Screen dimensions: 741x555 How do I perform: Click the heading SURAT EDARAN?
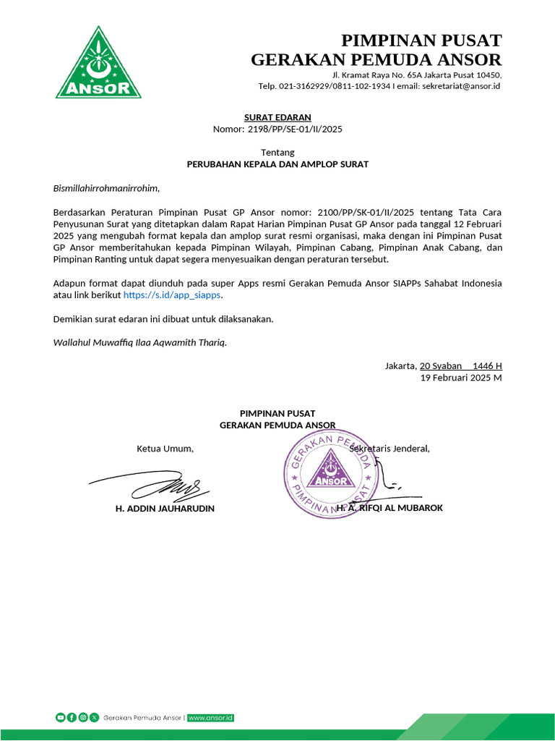pyautogui.click(x=277, y=117)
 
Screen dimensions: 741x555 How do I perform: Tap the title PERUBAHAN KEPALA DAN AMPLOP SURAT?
pyautogui.click(x=277, y=164)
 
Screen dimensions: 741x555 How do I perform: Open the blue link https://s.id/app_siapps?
pyautogui.click(x=172, y=295)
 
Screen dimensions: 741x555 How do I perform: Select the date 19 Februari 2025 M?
pyautogui.click(x=461, y=378)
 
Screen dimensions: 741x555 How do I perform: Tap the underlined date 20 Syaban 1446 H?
pyautogui.click(x=460, y=366)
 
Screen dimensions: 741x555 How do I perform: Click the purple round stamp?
pyautogui.click(x=330, y=476)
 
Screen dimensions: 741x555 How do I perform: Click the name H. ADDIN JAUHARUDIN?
pyautogui.click(x=165, y=509)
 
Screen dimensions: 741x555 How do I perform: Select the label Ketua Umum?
pyautogui.click(x=165, y=449)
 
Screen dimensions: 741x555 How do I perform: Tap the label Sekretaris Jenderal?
pyautogui.click(x=390, y=449)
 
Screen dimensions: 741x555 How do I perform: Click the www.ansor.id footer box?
pyautogui.click(x=210, y=718)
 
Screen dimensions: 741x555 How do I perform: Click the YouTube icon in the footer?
pyautogui.click(x=60, y=718)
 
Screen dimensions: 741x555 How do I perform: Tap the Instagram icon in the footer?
pyautogui.click(x=83, y=718)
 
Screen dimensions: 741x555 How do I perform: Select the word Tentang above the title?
pyautogui.click(x=277, y=153)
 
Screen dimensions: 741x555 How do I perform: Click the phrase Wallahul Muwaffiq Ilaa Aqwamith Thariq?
pyautogui.click(x=140, y=342)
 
